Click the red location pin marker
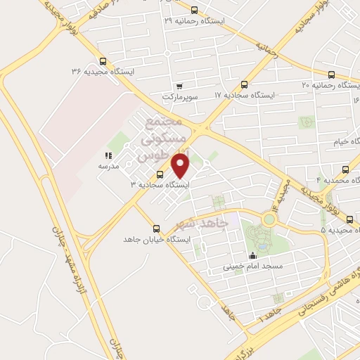pos(181,166)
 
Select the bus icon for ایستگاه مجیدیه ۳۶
pos(103,60)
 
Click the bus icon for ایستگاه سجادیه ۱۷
pos(244,84)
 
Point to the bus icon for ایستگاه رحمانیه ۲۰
pos(330,75)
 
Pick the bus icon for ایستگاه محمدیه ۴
pos(345,169)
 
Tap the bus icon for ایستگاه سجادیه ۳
pos(160,174)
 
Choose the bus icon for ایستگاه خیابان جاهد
pos(156,228)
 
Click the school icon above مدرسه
pos(108,155)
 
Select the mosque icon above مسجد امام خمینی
pos(252,256)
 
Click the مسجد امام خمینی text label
pos(252,266)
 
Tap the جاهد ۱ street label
pos(266,310)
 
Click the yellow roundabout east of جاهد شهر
pos(269,219)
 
